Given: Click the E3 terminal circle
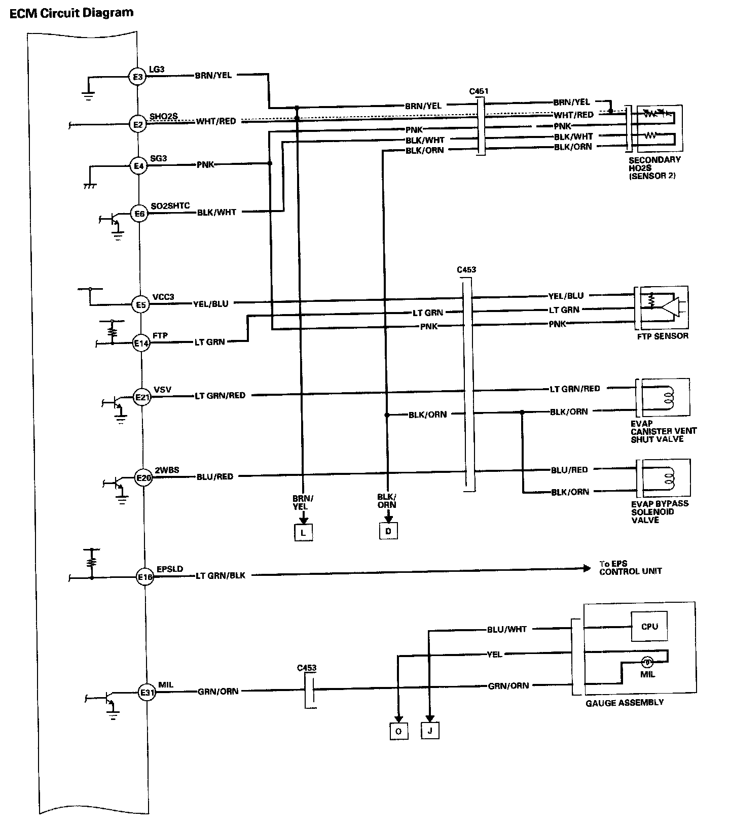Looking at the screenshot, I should [137, 77].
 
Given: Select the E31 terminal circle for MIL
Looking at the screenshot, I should [147, 692].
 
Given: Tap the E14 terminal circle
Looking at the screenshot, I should [141, 343].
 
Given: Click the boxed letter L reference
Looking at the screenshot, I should [303, 533].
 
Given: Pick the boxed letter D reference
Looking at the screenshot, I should [388, 531].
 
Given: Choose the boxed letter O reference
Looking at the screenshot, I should [398, 732].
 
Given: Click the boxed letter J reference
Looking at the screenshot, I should [430, 731].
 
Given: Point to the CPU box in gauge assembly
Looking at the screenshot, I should [649, 627].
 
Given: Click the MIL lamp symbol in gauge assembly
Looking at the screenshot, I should [647, 662].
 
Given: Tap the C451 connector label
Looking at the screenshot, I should [479, 91].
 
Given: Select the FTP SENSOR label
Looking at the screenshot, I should [663, 336].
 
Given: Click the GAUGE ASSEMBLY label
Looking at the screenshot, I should [625, 703].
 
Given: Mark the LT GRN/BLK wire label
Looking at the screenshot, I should [221, 575].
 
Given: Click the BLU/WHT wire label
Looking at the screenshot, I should [506, 629].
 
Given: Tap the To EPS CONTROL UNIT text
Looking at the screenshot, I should [630, 568].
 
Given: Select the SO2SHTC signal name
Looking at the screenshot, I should [170, 205].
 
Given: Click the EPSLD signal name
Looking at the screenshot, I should [169, 569].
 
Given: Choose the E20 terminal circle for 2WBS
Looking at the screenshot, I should [143, 477].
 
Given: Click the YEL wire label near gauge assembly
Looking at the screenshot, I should [494, 655].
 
